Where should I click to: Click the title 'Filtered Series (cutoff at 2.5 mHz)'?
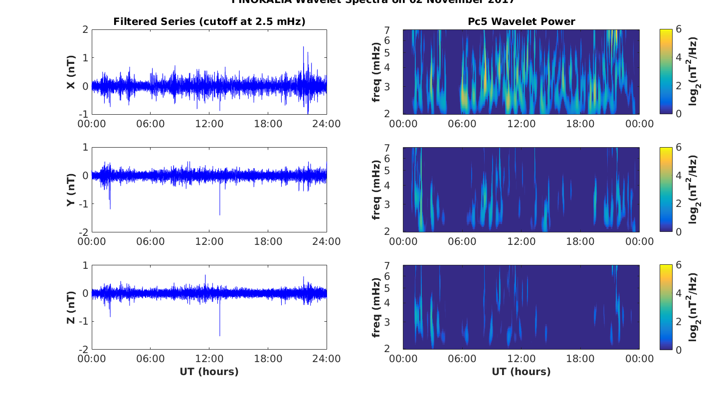click(x=209, y=21)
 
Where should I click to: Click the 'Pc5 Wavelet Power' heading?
click(x=521, y=21)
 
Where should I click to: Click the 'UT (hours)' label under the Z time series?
click(x=209, y=372)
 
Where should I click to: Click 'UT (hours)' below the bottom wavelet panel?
click(x=521, y=372)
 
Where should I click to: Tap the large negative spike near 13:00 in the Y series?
click(x=220, y=213)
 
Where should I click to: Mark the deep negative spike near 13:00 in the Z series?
click(x=220, y=334)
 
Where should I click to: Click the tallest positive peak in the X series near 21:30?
click(x=303, y=48)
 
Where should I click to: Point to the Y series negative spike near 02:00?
click(x=110, y=207)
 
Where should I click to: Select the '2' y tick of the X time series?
click(x=85, y=30)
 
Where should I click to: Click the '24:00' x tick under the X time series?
click(x=326, y=124)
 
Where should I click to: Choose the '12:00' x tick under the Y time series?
click(x=209, y=241)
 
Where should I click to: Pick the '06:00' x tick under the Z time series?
click(x=150, y=359)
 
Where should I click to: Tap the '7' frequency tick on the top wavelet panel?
click(x=393, y=31)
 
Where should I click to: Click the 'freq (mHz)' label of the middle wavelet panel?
click(x=376, y=190)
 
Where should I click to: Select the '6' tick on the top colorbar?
click(x=677, y=30)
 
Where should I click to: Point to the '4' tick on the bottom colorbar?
click(x=677, y=293)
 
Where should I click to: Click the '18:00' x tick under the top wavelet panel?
click(x=580, y=124)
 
